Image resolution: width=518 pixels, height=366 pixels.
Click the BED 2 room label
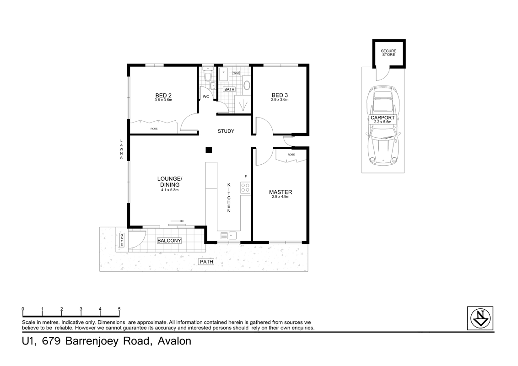pos(163,95)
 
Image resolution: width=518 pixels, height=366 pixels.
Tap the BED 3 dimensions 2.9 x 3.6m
pos(280,100)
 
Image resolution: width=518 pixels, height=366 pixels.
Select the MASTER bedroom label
pos(281,192)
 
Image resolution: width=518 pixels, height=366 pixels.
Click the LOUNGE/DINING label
pos(170,181)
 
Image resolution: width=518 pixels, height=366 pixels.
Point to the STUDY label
pos(226,131)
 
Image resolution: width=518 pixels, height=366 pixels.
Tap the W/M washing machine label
pos(236,73)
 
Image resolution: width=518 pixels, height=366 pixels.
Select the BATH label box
pos(229,89)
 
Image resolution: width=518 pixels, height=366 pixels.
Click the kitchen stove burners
pos(245,187)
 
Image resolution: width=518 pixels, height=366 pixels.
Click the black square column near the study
pos(208,150)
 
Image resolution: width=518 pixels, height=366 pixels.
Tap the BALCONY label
pos(169,241)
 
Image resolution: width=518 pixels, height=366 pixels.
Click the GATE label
pos(122,240)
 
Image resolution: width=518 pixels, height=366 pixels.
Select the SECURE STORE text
pos(389,53)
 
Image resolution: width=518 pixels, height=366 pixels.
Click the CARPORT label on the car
pos(383,118)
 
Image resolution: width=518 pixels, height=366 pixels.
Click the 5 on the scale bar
pos(119,309)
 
